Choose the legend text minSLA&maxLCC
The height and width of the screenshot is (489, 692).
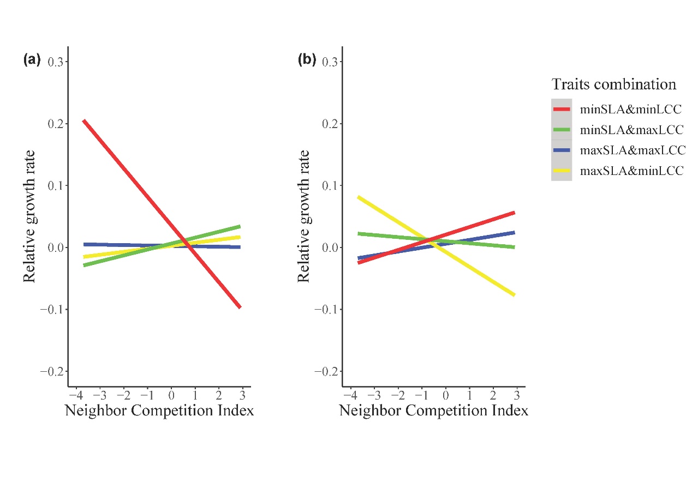click(x=631, y=130)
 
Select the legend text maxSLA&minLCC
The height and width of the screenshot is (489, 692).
click(x=631, y=171)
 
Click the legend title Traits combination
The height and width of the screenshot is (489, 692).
click(x=613, y=84)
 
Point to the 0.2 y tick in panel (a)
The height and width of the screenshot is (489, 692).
click(x=55, y=124)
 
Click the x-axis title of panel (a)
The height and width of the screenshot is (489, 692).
click(x=159, y=410)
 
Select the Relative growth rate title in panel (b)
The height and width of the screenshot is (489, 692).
click(x=303, y=216)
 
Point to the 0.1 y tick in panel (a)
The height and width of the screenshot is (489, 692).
click(x=55, y=186)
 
